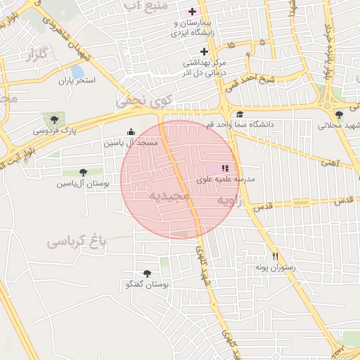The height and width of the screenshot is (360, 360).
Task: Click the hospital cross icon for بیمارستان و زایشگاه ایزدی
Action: coord(192,11)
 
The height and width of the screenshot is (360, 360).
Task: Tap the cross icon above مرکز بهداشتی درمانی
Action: coord(205,51)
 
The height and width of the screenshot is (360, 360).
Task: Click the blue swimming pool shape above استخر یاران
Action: coord(77,72)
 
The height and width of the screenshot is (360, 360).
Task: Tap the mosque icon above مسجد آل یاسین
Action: coord(131,131)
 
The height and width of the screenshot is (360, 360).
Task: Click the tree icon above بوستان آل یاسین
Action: coord(83,172)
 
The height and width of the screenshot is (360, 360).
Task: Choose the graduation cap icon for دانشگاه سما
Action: coord(240,115)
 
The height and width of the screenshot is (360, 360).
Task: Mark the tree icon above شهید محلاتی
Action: coord(339,115)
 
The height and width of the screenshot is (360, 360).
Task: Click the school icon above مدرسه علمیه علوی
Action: coord(225,168)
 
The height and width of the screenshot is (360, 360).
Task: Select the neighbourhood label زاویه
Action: coord(232,201)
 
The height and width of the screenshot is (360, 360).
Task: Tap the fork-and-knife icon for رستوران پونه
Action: coord(276,257)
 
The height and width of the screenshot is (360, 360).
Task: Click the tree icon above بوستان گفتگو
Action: coord(147,274)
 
